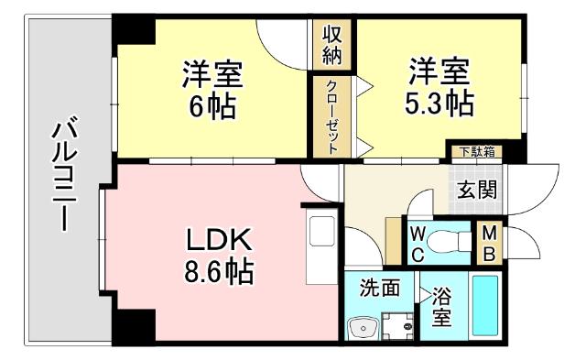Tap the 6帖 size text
coord(212,106)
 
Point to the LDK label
coord(219,240)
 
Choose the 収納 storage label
coord(331,44)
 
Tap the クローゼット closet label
coord(331,115)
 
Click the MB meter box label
coord(489,244)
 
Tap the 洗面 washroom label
coord(379,287)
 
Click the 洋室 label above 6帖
coord(212,71)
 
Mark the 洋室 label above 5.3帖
coord(439,70)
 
